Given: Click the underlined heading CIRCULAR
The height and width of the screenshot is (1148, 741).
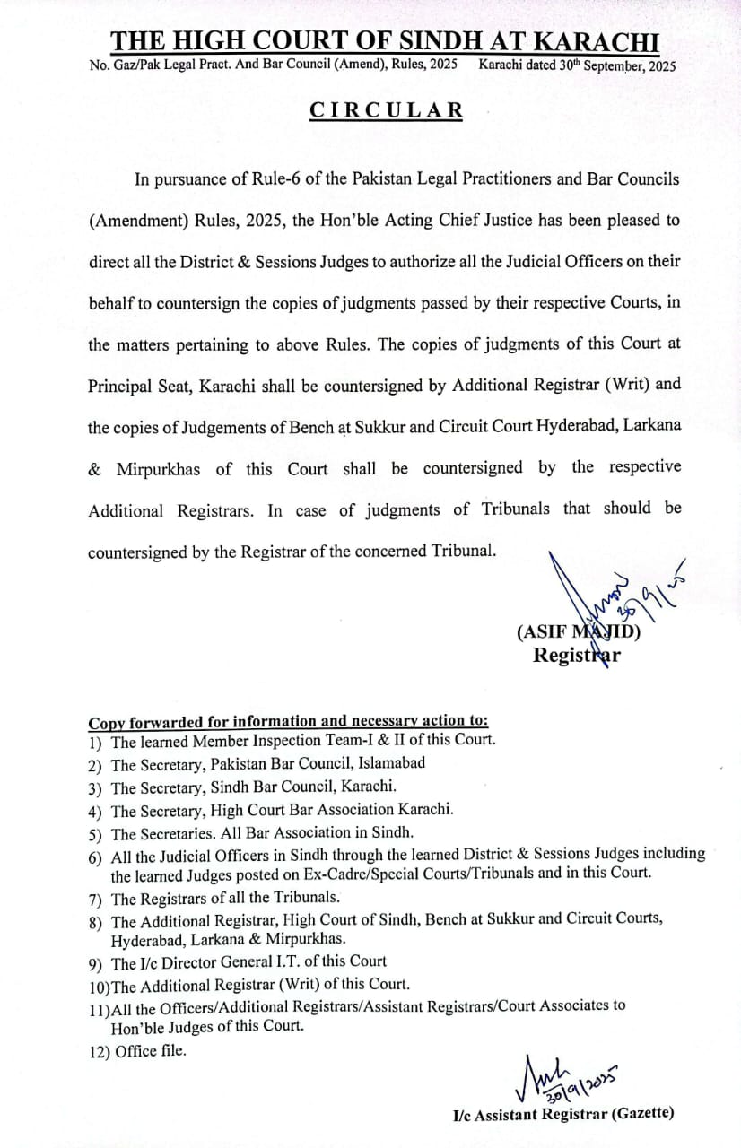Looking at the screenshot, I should [387, 110].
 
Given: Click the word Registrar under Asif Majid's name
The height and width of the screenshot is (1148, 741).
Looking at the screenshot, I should [577, 655].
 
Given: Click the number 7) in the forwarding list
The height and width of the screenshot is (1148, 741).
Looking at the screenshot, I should [95, 898].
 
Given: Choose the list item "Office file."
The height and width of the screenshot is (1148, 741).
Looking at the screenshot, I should [151, 1052].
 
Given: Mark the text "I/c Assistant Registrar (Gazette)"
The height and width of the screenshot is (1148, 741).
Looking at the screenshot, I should [562, 1114].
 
